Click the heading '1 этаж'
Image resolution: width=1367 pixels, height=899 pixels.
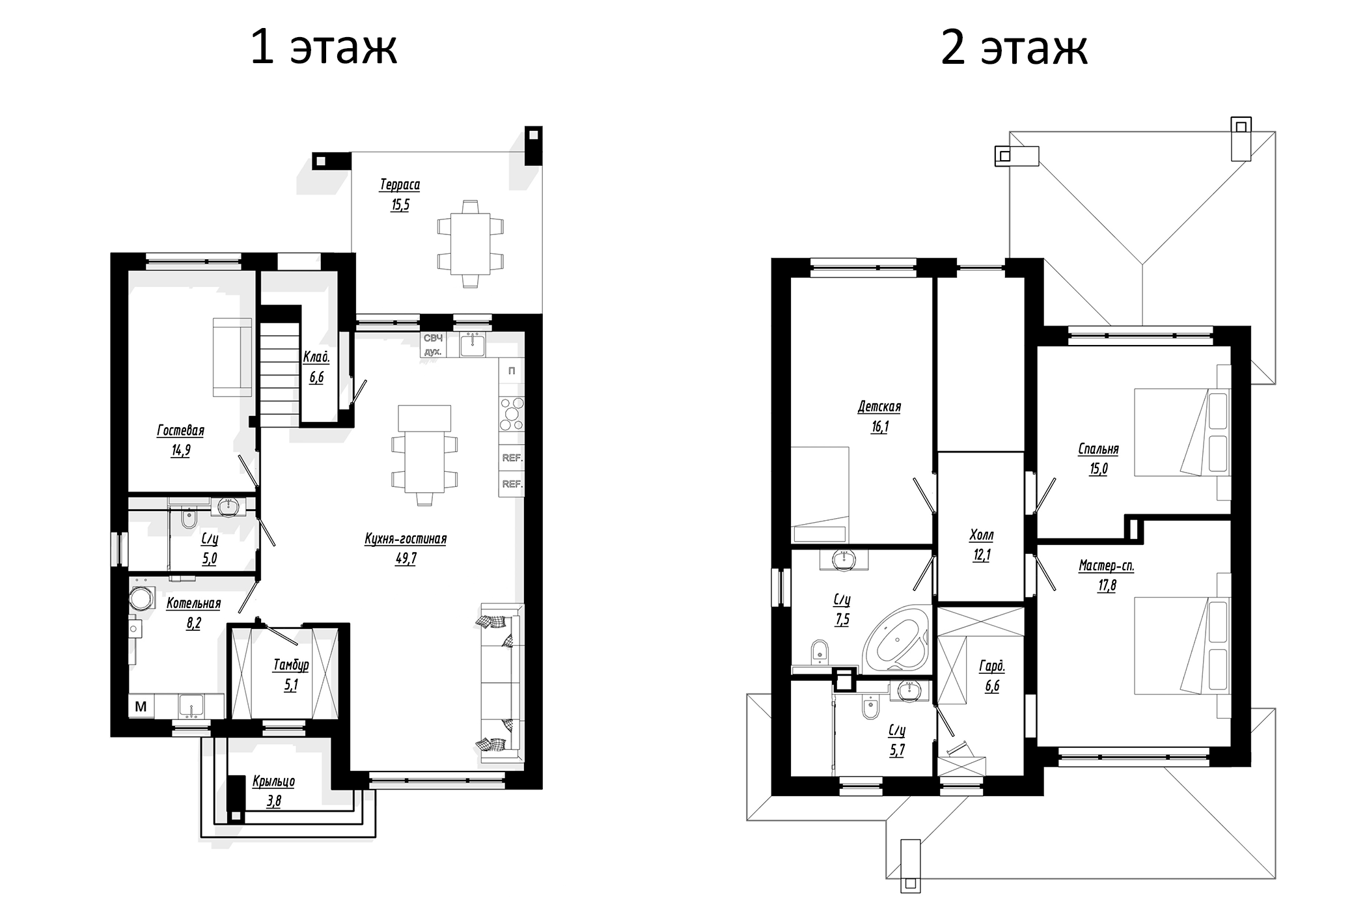coord(324,48)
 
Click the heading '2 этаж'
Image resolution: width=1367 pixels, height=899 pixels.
coord(1014,48)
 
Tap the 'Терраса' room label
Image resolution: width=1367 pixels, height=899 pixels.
coord(400,185)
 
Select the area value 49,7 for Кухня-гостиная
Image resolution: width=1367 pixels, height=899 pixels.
coord(406,559)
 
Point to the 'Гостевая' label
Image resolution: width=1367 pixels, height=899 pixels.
coord(180,430)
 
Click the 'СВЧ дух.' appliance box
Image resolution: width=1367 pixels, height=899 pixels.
coord(433,345)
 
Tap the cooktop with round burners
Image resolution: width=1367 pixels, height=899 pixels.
coord(512,414)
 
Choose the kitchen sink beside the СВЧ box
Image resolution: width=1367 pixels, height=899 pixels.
coord(472,344)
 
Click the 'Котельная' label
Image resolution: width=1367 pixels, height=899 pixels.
coord(193,603)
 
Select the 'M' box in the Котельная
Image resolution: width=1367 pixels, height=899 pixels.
coord(141,706)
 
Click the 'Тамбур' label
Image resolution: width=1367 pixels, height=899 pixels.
coord(291,665)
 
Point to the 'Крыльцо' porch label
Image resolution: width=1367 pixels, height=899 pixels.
coord(273,781)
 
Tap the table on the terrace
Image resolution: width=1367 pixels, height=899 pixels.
coord(471,244)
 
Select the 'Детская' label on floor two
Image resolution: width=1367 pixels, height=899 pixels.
coord(879,407)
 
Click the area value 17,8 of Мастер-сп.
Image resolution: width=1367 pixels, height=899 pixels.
coord(1107,585)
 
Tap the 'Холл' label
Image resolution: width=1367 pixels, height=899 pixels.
coord(982,535)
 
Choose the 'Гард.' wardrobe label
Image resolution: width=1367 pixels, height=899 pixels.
coord(992,666)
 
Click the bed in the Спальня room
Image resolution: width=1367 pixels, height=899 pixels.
coord(1181,433)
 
